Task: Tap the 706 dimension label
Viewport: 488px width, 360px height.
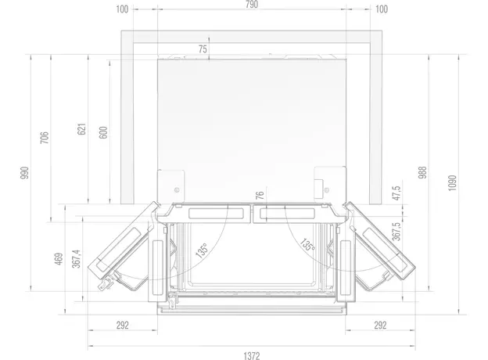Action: tap(45, 139)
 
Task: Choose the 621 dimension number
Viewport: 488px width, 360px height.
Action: tap(81, 131)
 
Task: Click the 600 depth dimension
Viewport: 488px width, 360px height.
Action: tap(102, 132)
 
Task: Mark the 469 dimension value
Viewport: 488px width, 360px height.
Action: tap(59, 260)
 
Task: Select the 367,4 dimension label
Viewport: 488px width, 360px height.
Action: tap(76, 259)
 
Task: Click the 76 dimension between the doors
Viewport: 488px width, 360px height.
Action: tap(260, 196)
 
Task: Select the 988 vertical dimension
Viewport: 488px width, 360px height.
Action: tap(423, 173)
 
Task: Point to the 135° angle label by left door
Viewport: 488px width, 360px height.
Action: tap(202, 251)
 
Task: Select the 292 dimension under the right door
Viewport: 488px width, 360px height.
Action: tap(380, 325)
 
